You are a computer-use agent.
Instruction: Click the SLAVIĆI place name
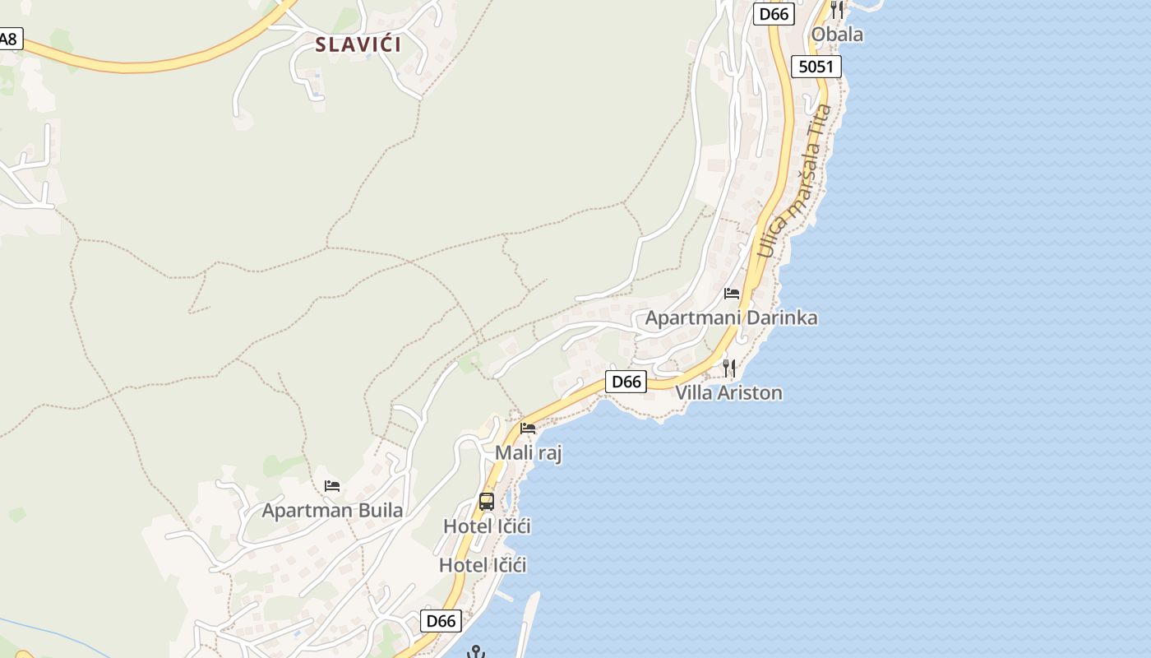coord(358,44)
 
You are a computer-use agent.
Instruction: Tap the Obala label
coord(837,34)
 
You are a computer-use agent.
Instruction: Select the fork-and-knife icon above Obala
coord(837,9)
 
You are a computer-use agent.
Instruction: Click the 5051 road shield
coord(816,67)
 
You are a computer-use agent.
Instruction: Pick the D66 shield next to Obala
coord(774,13)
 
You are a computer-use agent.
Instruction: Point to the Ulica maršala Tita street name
coord(795,181)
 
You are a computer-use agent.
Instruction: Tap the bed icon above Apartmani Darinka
coord(732,293)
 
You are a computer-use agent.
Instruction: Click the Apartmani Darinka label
coord(731,317)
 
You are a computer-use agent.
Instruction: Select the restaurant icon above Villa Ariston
coord(728,368)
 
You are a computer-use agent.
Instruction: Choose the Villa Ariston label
coord(728,392)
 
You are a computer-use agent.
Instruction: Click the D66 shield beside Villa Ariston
coord(626,382)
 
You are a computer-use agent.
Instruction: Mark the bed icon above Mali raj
coord(528,428)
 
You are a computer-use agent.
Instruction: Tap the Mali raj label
coord(528,453)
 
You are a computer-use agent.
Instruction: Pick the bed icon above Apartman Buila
coord(332,485)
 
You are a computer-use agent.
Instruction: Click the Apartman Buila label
coord(332,511)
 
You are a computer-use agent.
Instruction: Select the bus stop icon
coord(487,501)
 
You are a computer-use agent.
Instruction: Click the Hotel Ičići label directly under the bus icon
coord(487,526)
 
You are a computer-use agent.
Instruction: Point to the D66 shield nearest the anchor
coord(441,621)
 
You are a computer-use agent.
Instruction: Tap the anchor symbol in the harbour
coord(475,652)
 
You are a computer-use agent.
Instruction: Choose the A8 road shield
coord(8,39)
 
